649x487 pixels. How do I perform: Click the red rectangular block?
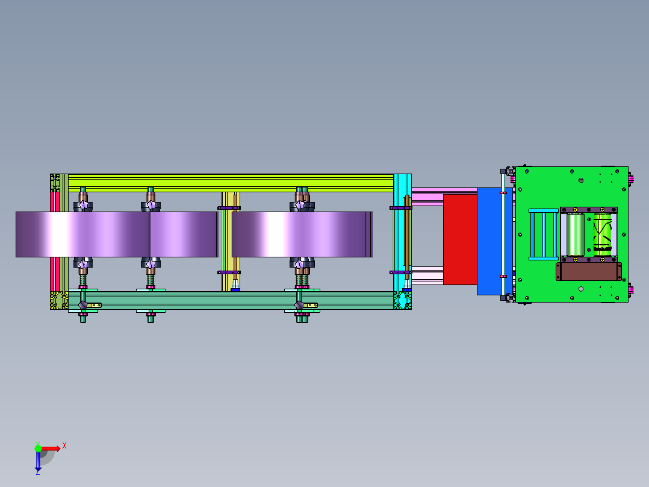[460, 239]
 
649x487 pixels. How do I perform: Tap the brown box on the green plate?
[589, 271]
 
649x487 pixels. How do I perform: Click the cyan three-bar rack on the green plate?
[544, 234]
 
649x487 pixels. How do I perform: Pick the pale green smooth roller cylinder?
[575, 234]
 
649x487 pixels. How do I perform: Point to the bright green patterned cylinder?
[602, 234]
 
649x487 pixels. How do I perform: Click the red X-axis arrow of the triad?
[51, 448]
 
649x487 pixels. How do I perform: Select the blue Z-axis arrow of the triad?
[38, 461]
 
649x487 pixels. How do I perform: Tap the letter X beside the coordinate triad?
[64, 446]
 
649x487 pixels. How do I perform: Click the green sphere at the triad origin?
[38, 448]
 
